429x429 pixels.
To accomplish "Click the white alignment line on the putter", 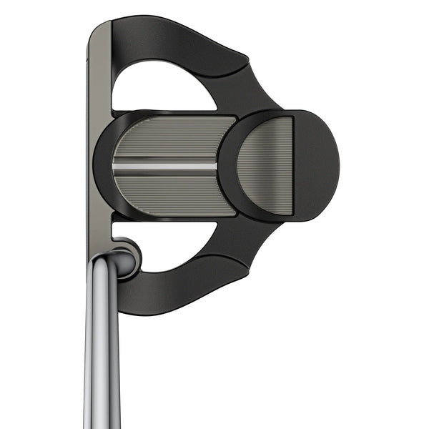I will [x=164, y=166].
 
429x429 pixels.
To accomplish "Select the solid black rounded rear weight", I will [x=316, y=166].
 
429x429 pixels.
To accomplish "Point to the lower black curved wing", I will [x=179, y=286].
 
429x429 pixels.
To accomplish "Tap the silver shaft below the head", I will [x=102, y=357].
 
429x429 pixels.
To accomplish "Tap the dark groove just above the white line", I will [x=164, y=158].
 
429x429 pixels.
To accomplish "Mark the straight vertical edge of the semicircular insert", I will [x=292, y=166].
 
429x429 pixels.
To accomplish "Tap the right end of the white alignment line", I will [x=214, y=166].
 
